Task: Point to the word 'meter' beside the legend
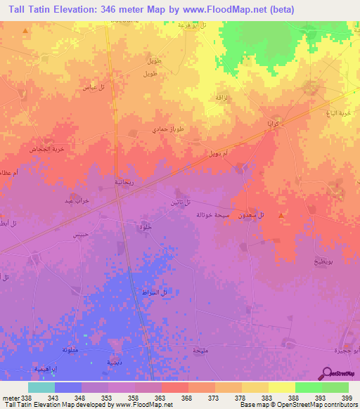coord(11,398)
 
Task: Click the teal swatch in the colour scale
coord(41,387)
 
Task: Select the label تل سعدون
coord(252,214)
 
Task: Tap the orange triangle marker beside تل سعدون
coord(281,215)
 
